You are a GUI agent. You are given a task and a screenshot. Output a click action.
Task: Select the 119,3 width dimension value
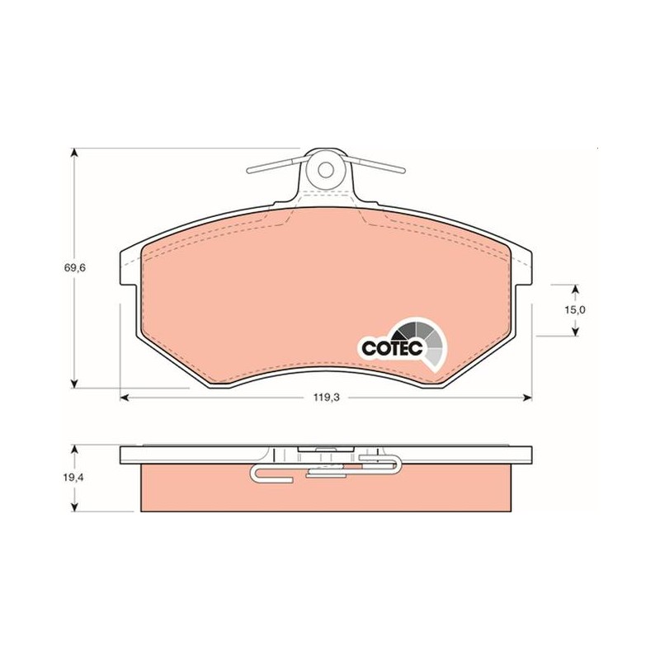(x=326, y=397)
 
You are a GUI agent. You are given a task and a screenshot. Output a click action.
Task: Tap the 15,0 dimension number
(x=575, y=310)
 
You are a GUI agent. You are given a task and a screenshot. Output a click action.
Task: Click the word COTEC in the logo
(x=392, y=348)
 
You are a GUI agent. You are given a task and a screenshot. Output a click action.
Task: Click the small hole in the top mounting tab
(x=325, y=170)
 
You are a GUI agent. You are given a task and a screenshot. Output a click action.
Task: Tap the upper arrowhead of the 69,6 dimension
(x=74, y=153)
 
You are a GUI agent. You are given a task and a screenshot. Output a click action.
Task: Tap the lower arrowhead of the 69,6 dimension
(x=74, y=383)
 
